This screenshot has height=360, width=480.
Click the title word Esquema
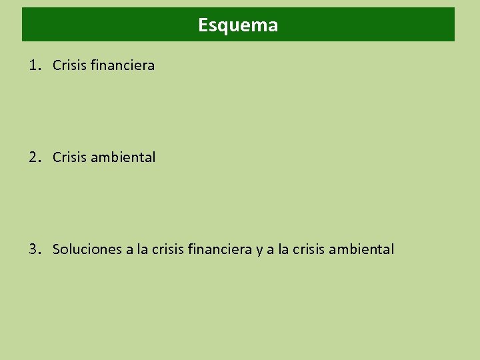coord(238,25)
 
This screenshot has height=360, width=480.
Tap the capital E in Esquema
coord(203,25)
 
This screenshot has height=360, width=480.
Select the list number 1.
coord(33,65)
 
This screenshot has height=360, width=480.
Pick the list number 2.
coord(33,157)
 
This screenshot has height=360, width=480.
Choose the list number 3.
coord(33,249)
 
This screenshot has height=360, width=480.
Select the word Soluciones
coord(87,249)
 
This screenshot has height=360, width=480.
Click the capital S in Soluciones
coord(57,249)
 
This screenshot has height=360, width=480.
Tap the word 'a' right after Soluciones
coord(129,250)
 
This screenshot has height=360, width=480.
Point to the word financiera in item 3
coord(220,249)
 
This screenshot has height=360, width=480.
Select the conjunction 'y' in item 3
coord(259,251)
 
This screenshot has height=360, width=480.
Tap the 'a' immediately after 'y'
coord(270,250)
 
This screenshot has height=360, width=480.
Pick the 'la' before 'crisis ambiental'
coord(283,249)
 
